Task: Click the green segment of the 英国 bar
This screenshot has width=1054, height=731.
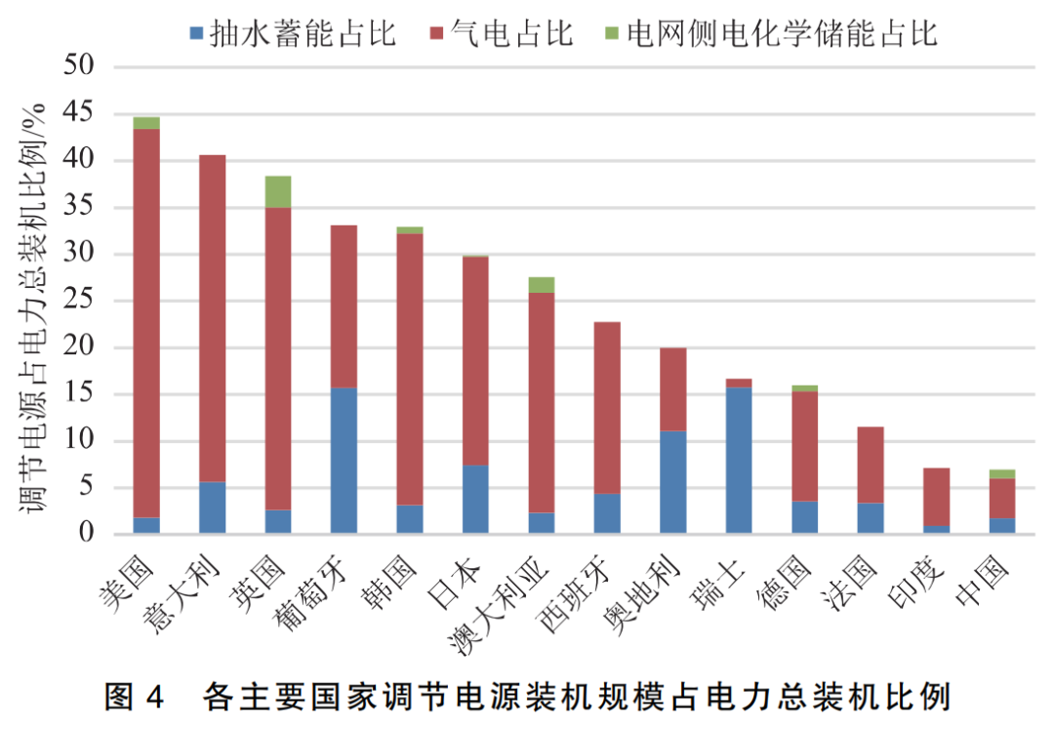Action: [x=277, y=191]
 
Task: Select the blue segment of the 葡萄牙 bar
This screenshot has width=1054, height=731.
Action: [x=344, y=461]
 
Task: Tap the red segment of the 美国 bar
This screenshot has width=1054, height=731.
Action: [x=146, y=322]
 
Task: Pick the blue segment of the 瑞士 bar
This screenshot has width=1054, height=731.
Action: [x=739, y=461]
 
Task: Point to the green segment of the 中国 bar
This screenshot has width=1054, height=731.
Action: [x=1001, y=473]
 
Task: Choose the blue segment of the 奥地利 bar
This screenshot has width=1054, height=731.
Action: [x=672, y=482]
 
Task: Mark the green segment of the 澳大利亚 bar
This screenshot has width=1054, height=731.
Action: [x=541, y=284]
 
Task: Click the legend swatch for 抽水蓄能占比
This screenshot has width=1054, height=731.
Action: [x=196, y=34]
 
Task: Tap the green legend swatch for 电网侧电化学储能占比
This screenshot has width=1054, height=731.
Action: [x=610, y=34]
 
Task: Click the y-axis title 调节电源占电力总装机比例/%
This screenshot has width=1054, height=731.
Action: [x=34, y=303]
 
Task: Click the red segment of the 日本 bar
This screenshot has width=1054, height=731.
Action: [x=475, y=361]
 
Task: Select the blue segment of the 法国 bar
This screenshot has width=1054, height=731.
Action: [x=871, y=518]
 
